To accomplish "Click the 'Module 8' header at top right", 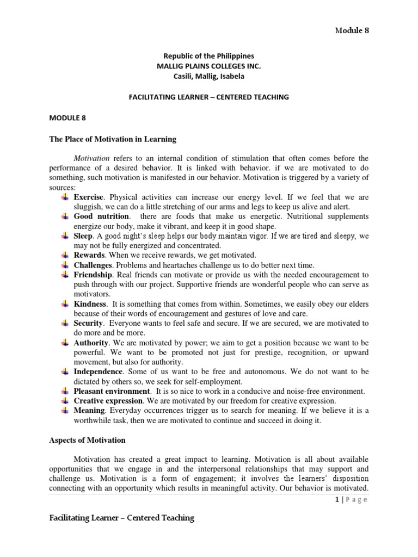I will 351,30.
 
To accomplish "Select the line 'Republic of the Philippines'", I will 209,56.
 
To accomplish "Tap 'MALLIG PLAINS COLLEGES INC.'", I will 209,66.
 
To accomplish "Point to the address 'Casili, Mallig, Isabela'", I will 209,76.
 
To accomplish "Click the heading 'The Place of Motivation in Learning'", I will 113,139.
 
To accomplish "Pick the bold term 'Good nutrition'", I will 101,216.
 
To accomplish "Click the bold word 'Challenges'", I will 93,265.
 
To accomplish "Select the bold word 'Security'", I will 88,323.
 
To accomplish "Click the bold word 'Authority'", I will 91,343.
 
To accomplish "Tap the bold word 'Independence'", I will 98,372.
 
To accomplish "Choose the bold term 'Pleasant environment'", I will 112,391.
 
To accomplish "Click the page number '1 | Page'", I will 352,500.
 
